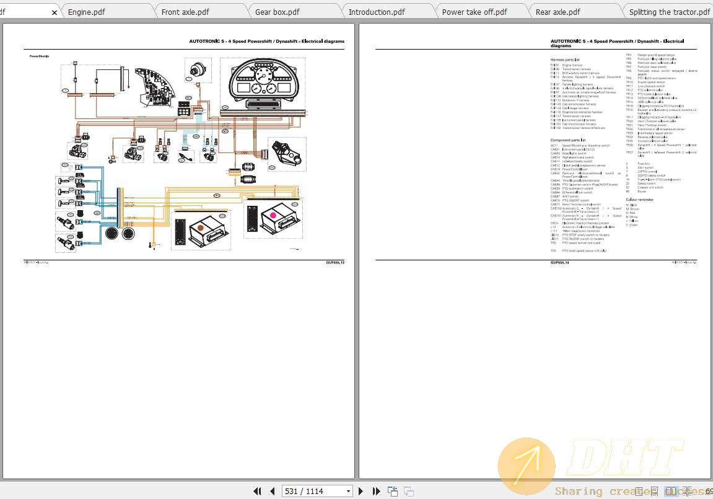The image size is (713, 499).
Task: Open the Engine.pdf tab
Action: pyautogui.click(x=86, y=12)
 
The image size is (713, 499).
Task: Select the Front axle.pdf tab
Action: pyautogui.click(x=185, y=12)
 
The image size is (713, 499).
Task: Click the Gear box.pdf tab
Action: pyautogui.click(x=277, y=12)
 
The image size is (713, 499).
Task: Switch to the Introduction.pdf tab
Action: pyautogui.click(x=376, y=12)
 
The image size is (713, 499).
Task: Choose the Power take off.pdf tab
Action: pyautogui.click(x=474, y=12)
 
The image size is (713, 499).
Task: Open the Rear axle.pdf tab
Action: pyautogui.click(x=558, y=12)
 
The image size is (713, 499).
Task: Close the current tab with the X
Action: pyautogui.click(x=55, y=12)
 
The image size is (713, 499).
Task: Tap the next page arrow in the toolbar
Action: pyautogui.click(x=361, y=491)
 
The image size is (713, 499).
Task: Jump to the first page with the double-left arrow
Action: pyautogui.click(x=257, y=491)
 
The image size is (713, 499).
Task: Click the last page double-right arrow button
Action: pyautogui.click(x=376, y=491)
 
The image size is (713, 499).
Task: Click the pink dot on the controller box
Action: pyautogui.click(x=273, y=215)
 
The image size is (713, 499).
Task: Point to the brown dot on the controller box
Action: pyautogui.click(x=200, y=227)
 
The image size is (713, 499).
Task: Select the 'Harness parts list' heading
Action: pyautogui.click(x=566, y=60)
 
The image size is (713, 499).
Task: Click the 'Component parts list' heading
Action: pyautogui.click(x=568, y=140)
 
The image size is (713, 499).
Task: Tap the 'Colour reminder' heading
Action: pyautogui.click(x=639, y=200)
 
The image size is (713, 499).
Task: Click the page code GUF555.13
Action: pyautogui.click(x=335, y=263)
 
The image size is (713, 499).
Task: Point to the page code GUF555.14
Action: pyautogui.click(x=559, y=263)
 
